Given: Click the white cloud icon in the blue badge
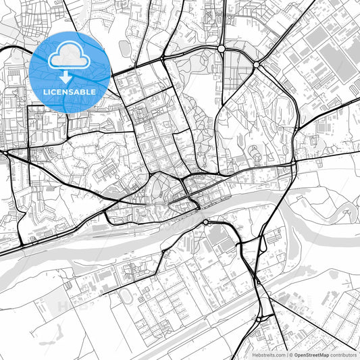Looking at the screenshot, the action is (70, 53).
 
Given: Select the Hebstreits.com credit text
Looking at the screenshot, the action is (267, 354).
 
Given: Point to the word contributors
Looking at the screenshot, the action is (344, 354).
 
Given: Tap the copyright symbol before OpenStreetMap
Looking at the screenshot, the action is (291, 354).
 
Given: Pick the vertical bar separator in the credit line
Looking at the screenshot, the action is (286, 354).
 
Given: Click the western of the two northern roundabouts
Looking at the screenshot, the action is (222, 49).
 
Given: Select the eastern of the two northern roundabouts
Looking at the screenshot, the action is (256, 65).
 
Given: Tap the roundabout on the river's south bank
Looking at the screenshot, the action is (205, 222).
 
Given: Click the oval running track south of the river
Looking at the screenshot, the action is (126, 296).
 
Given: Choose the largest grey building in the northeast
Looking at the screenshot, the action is (335, 61).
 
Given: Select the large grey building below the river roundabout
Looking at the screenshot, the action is (218, 237).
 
